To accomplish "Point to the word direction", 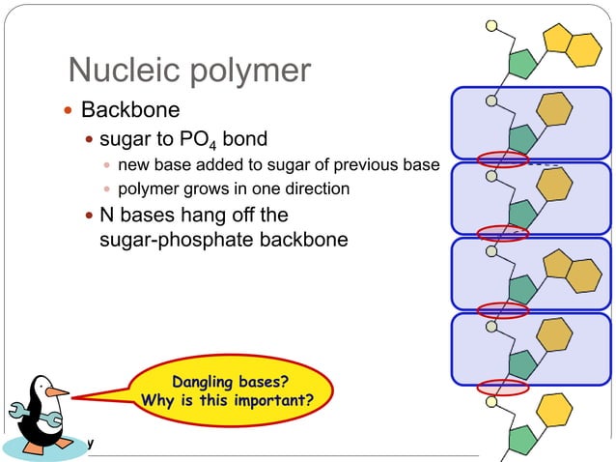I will tap(315, 188).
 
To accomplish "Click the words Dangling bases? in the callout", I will tap(230, 380).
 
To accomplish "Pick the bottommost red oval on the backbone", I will tap(503, 388).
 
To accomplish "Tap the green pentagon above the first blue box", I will tap(521, 64).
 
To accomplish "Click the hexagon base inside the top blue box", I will tap(553, 109).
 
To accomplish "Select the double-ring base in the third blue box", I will tap(571, 270).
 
